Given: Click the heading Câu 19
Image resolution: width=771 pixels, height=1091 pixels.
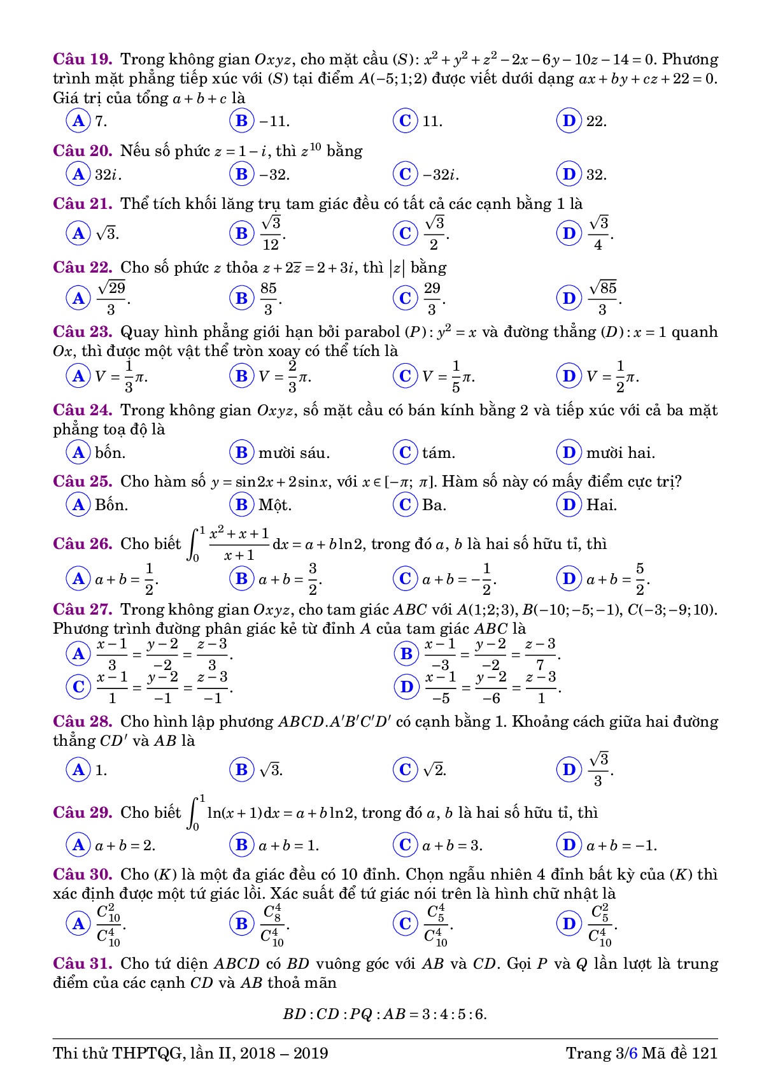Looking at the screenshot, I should pos(83,59).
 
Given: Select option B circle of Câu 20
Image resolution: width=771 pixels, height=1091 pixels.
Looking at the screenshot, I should pos(241,174).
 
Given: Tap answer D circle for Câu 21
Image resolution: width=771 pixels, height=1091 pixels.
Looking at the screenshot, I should pos(569,233).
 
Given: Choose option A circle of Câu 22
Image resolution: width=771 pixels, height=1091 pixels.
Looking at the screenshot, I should pos(78,297).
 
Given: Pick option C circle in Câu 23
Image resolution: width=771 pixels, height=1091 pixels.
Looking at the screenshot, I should pos(405,376).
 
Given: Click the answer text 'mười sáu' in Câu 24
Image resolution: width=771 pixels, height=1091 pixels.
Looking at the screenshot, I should pos(294,453).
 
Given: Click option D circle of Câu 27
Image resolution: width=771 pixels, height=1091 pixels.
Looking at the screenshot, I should pos(406,686).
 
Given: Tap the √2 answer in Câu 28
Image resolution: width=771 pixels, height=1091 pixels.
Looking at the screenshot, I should pos(434,770).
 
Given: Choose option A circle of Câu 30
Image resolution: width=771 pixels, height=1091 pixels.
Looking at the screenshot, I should pos(78,923).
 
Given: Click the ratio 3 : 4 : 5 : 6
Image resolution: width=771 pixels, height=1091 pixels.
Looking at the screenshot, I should pos(454,1014).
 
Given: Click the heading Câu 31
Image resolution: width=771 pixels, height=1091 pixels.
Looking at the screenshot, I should pos(83,964).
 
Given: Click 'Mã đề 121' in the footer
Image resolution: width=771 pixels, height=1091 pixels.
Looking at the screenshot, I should pos(679,1053).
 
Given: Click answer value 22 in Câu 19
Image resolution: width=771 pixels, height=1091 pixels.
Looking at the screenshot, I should pos(596,121).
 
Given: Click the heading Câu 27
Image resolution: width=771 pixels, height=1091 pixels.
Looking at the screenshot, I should pos(83,610).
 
